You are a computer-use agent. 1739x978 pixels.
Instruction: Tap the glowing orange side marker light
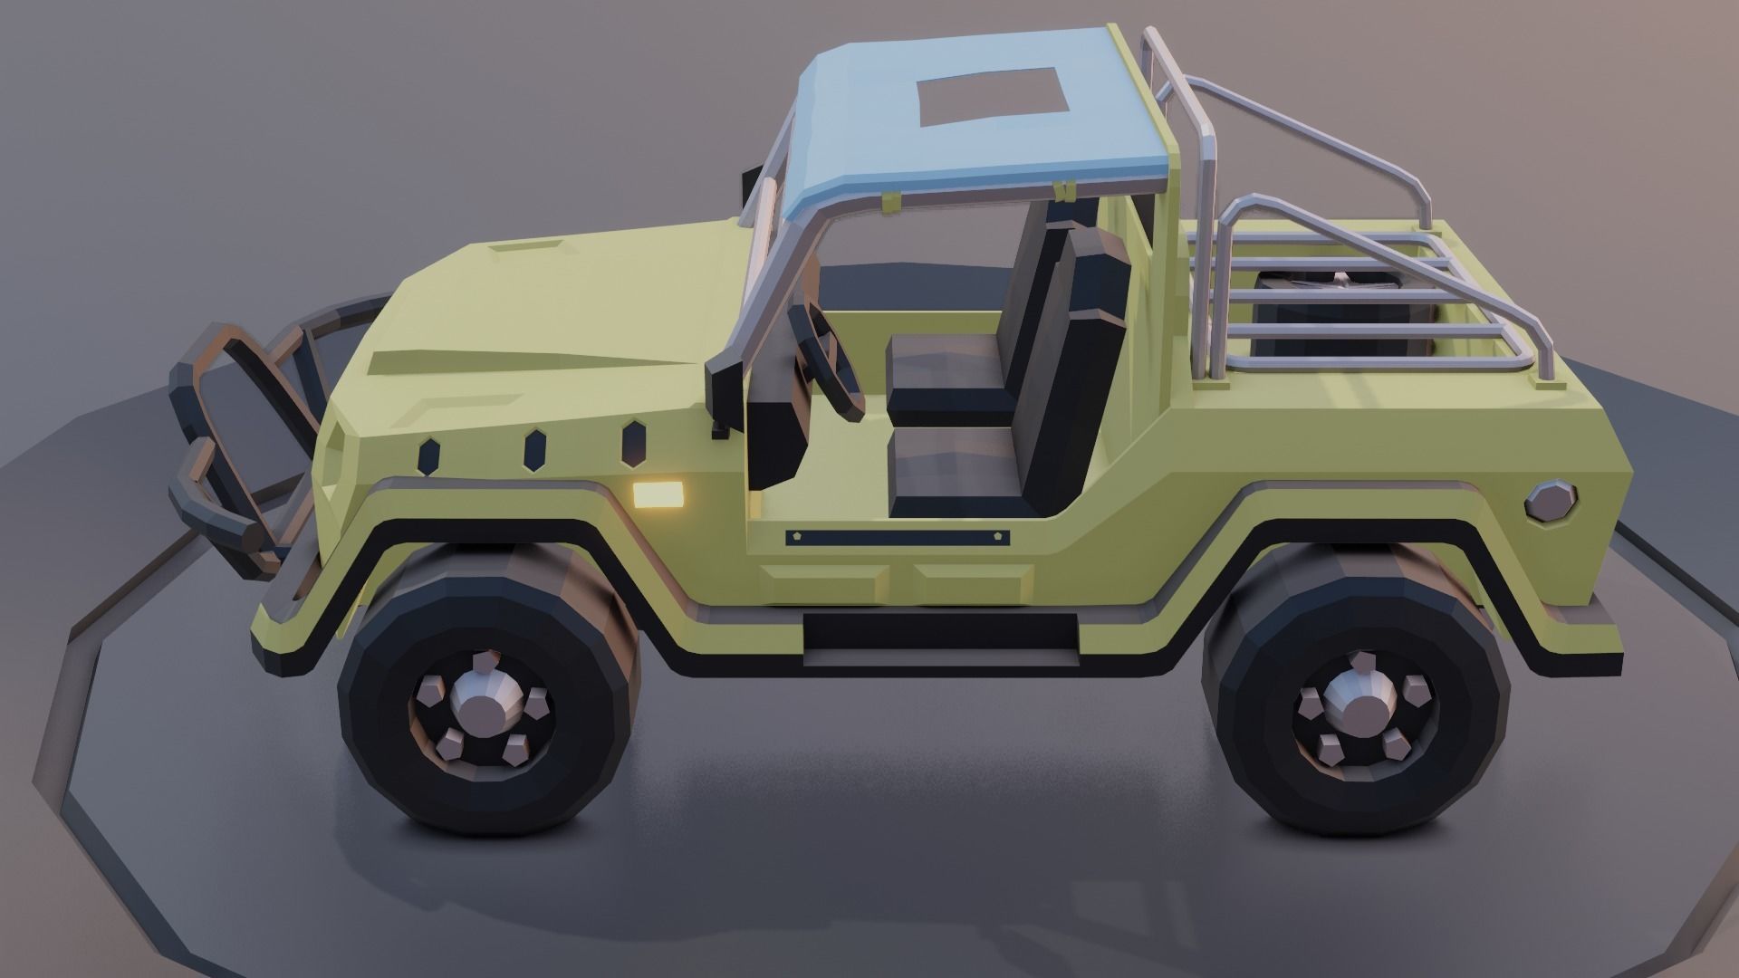point(658,494)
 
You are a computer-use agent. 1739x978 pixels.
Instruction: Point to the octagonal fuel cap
point(1552,501)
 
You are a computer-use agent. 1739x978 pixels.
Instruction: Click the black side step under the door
point(940,631)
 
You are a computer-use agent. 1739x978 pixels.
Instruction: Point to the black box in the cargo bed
point(1331,312)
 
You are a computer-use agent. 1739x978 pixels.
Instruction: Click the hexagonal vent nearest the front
point(428,455)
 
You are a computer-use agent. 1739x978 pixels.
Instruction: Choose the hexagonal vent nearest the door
point(631,441)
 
